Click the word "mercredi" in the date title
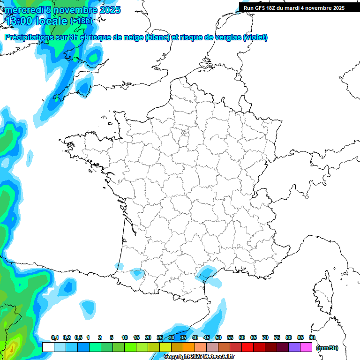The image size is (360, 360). click(x=23, y=10)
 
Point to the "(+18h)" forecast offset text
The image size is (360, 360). click(x=81, y=21)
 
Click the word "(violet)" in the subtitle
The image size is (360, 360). click(x=255, y=37)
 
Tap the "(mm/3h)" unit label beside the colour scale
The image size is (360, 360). click(x=327, y=348)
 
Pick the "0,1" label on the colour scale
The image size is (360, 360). click(x=54, y=337)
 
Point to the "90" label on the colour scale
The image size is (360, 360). click(x=312, y=337)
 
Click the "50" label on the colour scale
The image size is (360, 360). click(x=218, y=337)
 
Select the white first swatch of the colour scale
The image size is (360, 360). click(x=48, y=347)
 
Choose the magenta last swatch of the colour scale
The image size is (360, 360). click(x=306, y=347)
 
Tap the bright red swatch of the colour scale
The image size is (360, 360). click(x=247, y=347)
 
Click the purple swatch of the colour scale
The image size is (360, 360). click(x=294, y=347)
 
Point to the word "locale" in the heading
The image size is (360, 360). click(x=51, y=21)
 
